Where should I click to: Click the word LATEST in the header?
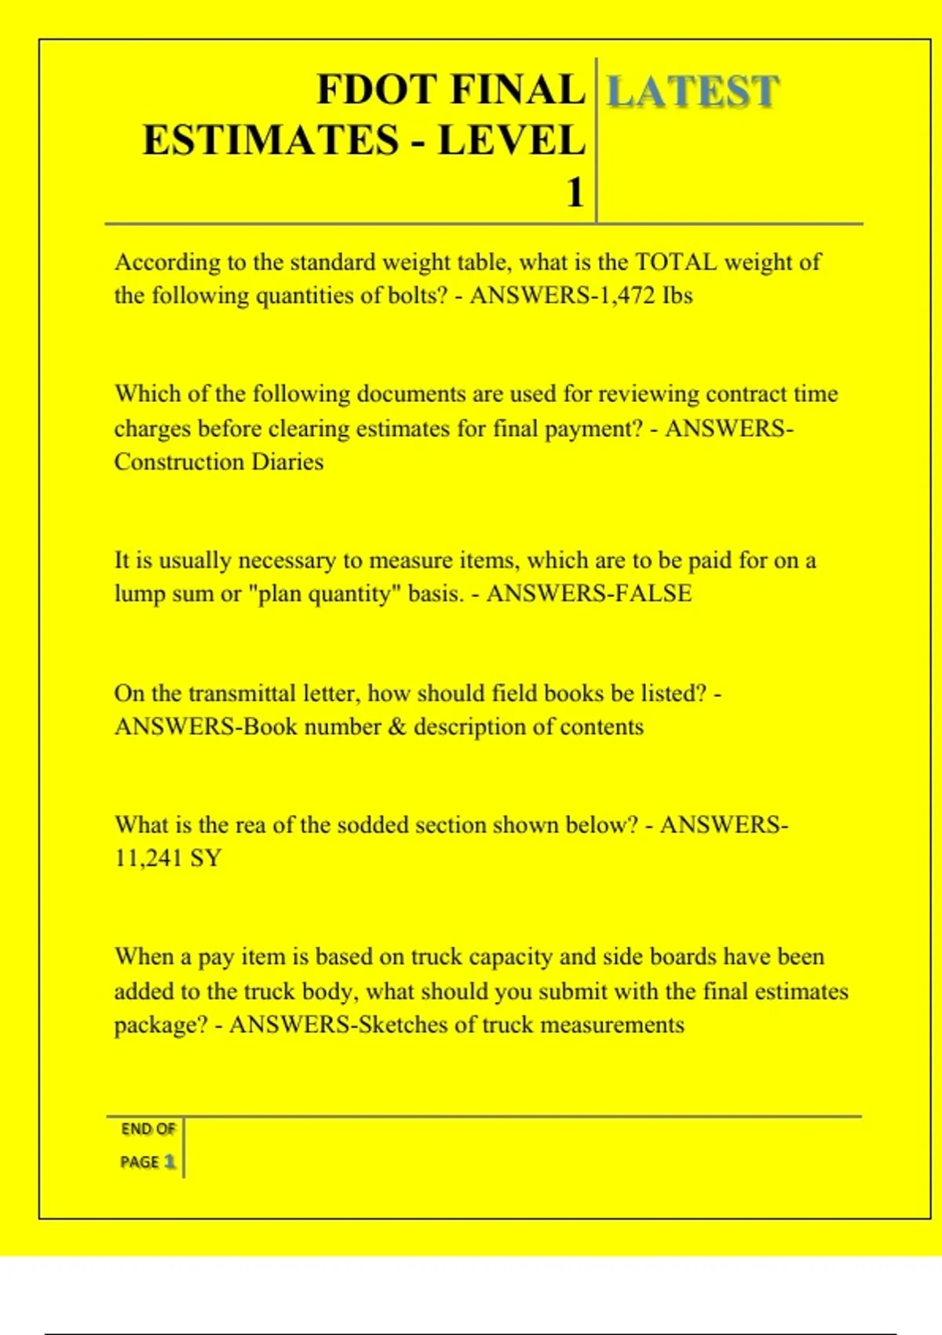pyautogui.click(x=693, y=91)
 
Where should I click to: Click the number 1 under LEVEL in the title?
pyautogui.click(x=575, y=192)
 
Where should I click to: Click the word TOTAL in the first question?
pyautogui.click(x=675, y=262)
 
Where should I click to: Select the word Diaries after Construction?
pyautogui.click(x=287, y=462)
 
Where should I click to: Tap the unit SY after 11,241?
pyautogui.click(x=206, y=858)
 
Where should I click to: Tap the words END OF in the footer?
pyautogui.click(x=148, y=1129)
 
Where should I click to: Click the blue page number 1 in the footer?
pyautogui.click(x=170, y=1161)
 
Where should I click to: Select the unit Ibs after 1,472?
pyautogui.click(x=677, y=296)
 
